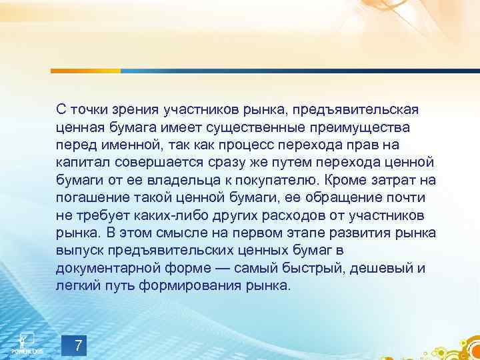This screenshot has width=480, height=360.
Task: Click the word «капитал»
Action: pos(83,162)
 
